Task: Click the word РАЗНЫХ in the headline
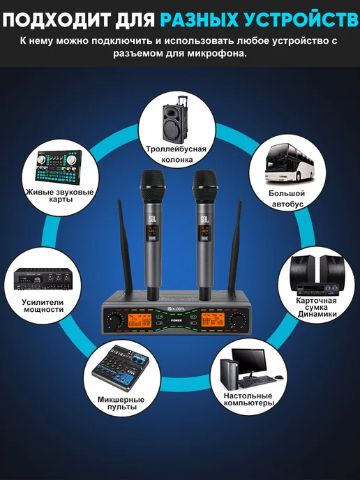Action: [x=200, y=20]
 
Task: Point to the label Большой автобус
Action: [x=287, y=198]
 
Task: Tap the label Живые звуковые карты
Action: [x=60, y=195]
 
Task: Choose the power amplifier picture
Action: [x=43, y=279]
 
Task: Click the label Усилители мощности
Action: [x=43, y=306]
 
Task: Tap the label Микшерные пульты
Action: [x=121, y=403]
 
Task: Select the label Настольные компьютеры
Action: [x=248, y=399]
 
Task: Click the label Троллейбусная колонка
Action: [x=176, y=154]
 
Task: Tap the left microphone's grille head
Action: [x=153, y=185]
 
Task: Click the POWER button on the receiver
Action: [x=176, y=320]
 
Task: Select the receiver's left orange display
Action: [x=140, y=320]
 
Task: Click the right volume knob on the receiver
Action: [x=238, y=320]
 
